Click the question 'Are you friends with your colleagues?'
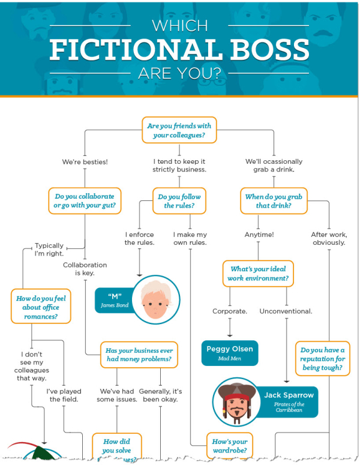179,130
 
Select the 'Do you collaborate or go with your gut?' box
85,201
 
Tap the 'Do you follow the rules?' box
179,201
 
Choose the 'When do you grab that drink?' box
274,201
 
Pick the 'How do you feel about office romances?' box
38,306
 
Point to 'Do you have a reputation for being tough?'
323,359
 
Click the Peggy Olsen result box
230,353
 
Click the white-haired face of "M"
155,298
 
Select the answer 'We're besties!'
85,162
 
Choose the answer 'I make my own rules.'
190,238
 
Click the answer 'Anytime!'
259,235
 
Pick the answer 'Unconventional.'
286,311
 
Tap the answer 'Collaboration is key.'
85,269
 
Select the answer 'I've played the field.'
64,395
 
